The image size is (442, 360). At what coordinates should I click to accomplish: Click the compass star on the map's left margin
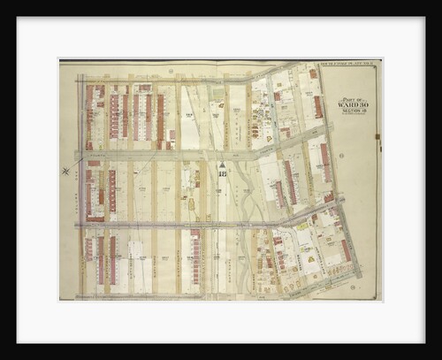[65, 170]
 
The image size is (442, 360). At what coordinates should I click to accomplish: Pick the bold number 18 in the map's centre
[223, 175]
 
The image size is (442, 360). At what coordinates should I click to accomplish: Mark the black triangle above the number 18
[223, 165]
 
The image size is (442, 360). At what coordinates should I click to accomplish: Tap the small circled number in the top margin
[171, 71]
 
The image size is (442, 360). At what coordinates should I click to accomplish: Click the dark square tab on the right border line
[377, 136]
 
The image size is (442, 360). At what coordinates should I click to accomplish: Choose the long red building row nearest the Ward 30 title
[318, 106]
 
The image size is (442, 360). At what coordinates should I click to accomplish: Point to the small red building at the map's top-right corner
[312, 73]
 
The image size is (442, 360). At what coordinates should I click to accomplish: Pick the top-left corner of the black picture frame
[18, 17]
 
